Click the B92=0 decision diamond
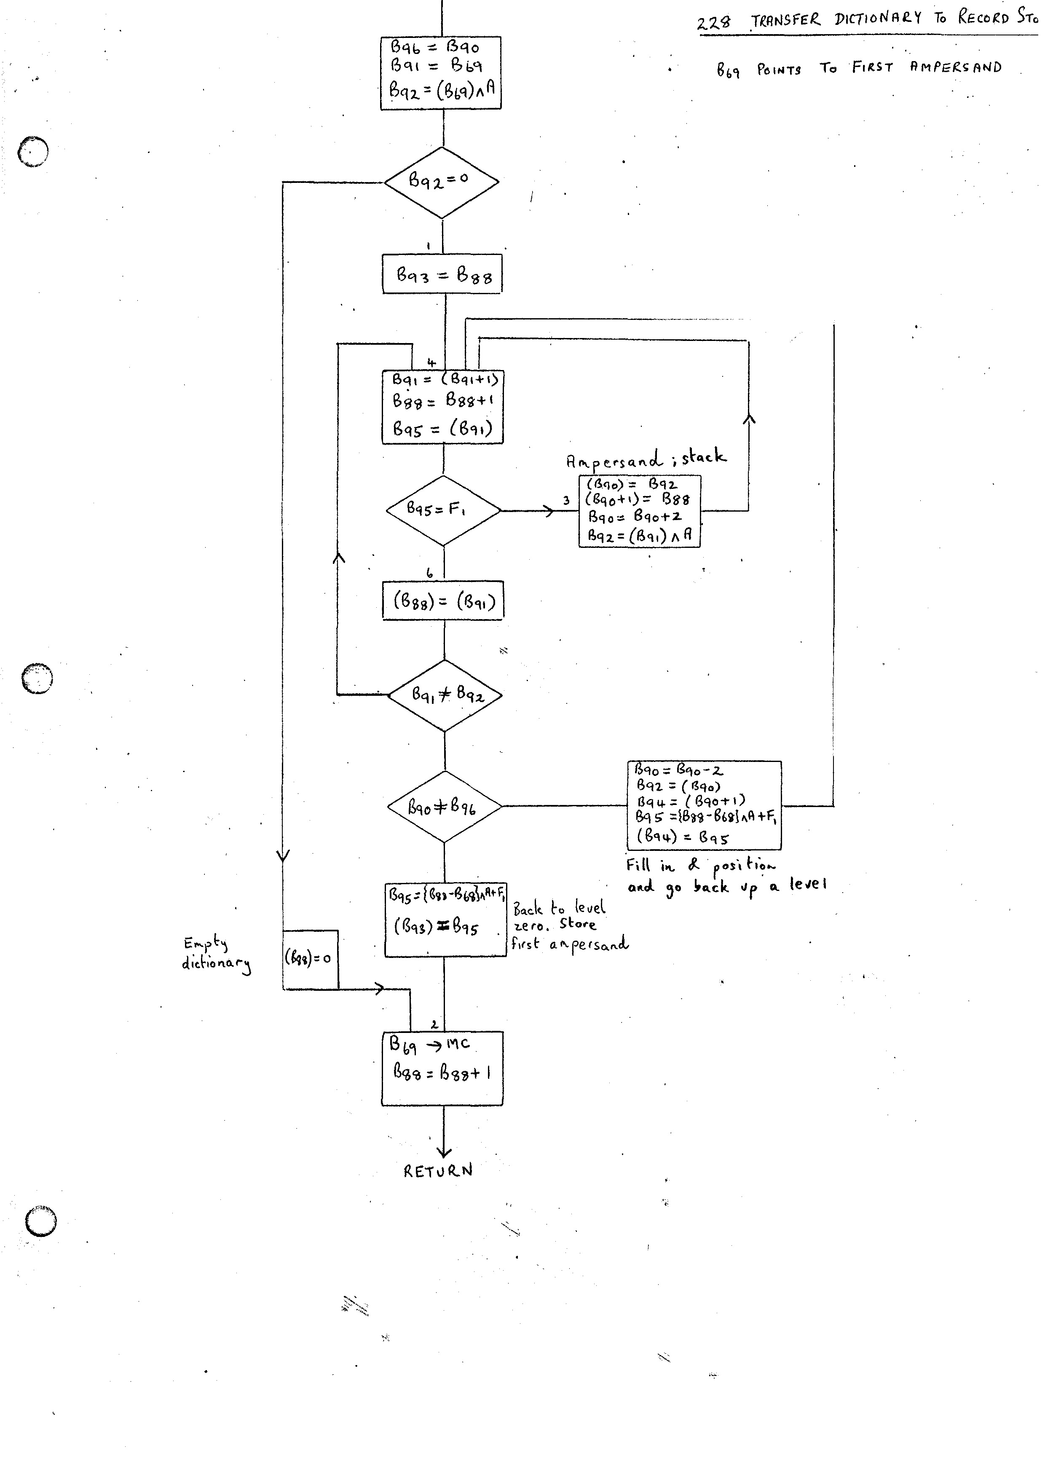point(442,182)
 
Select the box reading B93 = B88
point(442,275)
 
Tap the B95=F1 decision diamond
point(443,510)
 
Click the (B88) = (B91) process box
point(443,601)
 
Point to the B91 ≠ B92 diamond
point(445,695)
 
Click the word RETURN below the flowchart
point(438,1171)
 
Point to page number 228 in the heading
point(714,22)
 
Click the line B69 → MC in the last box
point(430,1044)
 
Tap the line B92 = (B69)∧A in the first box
point(442,90)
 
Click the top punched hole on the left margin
point(33,152)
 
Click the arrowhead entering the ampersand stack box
point(549,511)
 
